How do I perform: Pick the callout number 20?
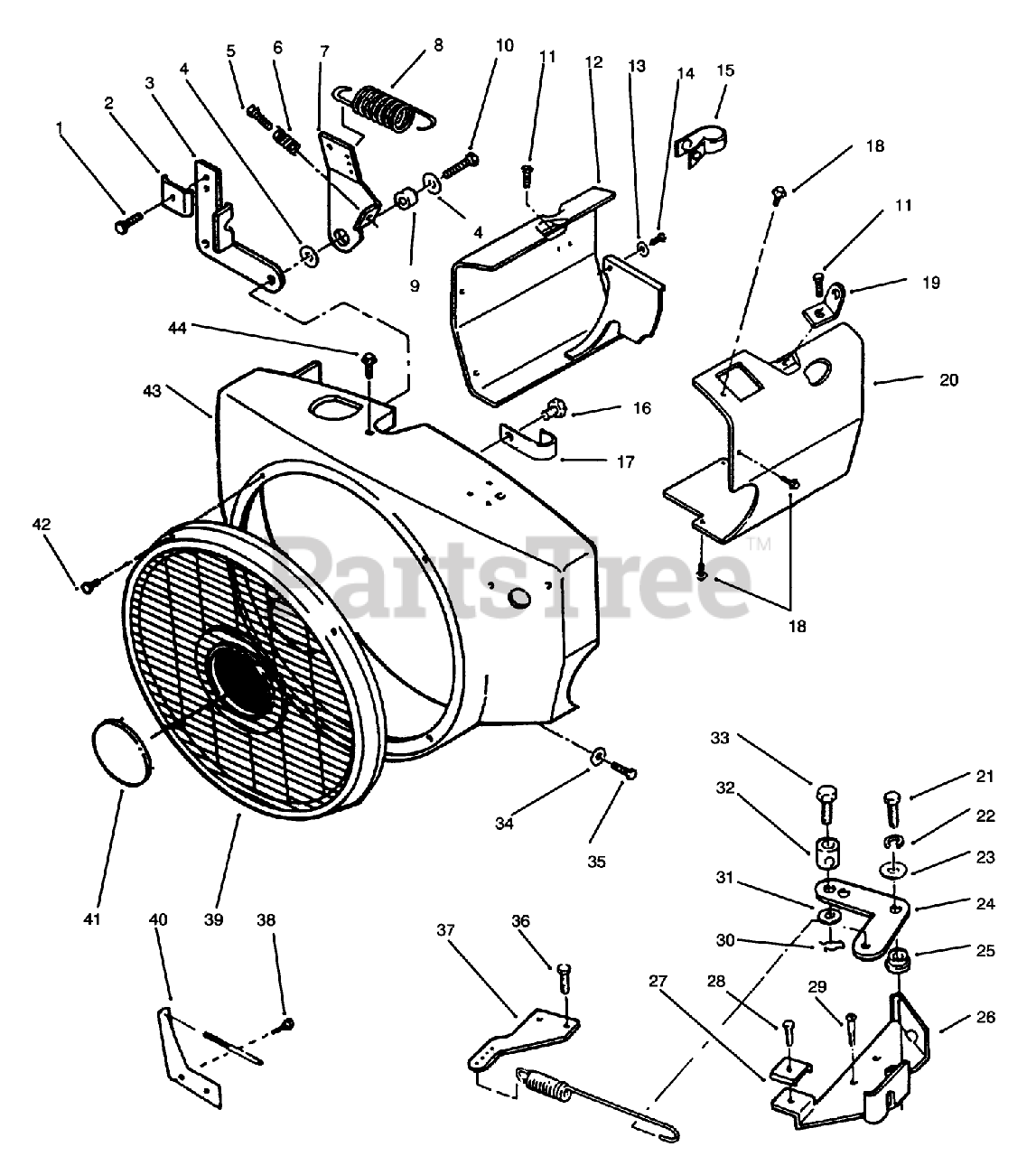click(948, 380)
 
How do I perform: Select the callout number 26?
click(985, 1018)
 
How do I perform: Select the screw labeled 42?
click(88, 587)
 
